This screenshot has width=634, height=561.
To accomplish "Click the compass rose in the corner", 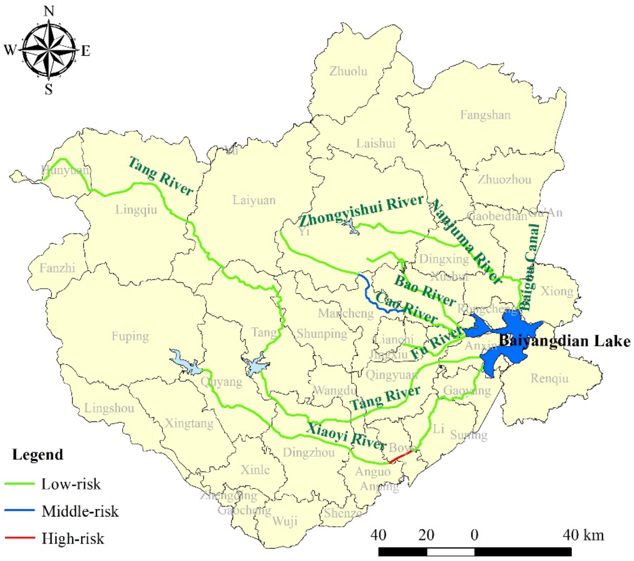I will click(x=49, y=50).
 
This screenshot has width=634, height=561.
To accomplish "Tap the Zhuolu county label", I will click(x=348, y=71).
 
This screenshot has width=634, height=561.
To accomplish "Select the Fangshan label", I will click(x=485, y=115).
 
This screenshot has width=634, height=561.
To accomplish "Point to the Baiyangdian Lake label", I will click(x=564, y=341).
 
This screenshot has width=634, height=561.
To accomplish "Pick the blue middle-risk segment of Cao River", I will click(x=369, y=296).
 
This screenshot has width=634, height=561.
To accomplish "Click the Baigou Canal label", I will click(x=531, y=266).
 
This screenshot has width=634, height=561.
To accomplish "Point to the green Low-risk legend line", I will click(x=20, y=484).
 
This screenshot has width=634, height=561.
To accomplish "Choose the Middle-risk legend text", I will click(x=80, y=511).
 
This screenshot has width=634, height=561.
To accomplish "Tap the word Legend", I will click(x=38, y=455).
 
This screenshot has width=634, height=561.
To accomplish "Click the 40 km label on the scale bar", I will click(x=583, y=535).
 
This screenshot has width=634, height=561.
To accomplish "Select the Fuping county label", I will click(x=130, y=336).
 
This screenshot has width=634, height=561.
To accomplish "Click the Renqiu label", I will click(x=549, y=378).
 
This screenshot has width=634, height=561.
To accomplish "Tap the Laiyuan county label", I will click(x=254, y=200).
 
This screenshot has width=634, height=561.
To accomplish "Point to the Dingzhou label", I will click(x=309, y=453).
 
